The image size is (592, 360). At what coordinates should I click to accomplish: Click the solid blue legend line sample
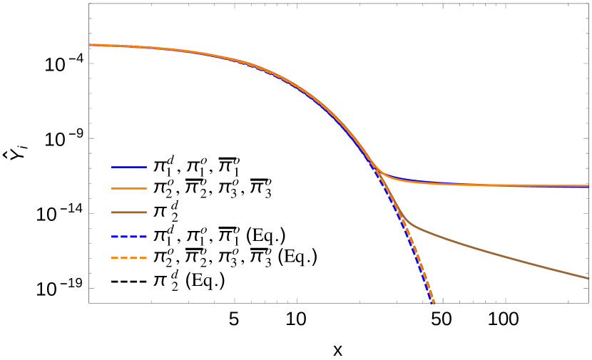(x=128, y=167)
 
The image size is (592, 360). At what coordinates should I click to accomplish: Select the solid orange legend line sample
(x=128, y=188)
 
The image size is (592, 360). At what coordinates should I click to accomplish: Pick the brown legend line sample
(x=128, y=212)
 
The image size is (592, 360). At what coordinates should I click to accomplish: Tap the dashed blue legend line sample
(x=128, y=236)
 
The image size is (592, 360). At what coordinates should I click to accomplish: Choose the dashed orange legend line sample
(x=128, y=257)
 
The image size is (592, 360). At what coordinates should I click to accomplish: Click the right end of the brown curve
(x=588, y=278)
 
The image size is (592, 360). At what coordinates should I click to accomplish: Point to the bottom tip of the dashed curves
(x=433, y=302)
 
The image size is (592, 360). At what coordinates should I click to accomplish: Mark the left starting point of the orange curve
(x=91, y=45)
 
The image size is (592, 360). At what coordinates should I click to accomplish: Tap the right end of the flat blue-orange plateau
(x=588, y=185)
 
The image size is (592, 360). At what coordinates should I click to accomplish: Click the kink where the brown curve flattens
(x=412, y=226)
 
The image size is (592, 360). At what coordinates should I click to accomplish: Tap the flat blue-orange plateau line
(x=499, y=185)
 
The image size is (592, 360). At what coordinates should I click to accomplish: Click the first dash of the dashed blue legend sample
(x=115, y=236)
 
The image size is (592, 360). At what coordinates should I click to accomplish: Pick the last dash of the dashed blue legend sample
(x=143, y=236)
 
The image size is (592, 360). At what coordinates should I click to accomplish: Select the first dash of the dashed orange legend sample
(x=114, y=257)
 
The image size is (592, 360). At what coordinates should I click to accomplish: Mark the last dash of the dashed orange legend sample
(x=143, y=257)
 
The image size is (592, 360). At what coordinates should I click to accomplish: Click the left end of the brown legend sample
(x=113, y=212)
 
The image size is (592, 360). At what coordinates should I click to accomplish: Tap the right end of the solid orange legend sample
(x=146, y=188)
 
